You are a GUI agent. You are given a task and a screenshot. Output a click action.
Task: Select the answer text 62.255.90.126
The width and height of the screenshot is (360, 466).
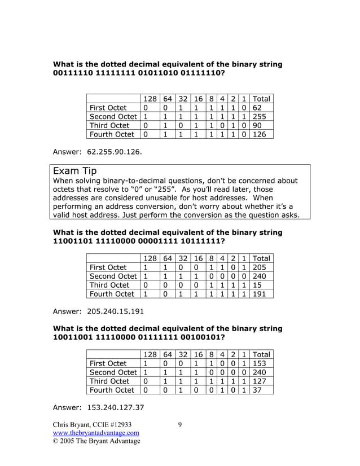pyautogui.click(x=113, y=152)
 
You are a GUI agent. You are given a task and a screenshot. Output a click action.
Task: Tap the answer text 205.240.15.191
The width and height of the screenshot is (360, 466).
pyautogui.click(x=115, y=311)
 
